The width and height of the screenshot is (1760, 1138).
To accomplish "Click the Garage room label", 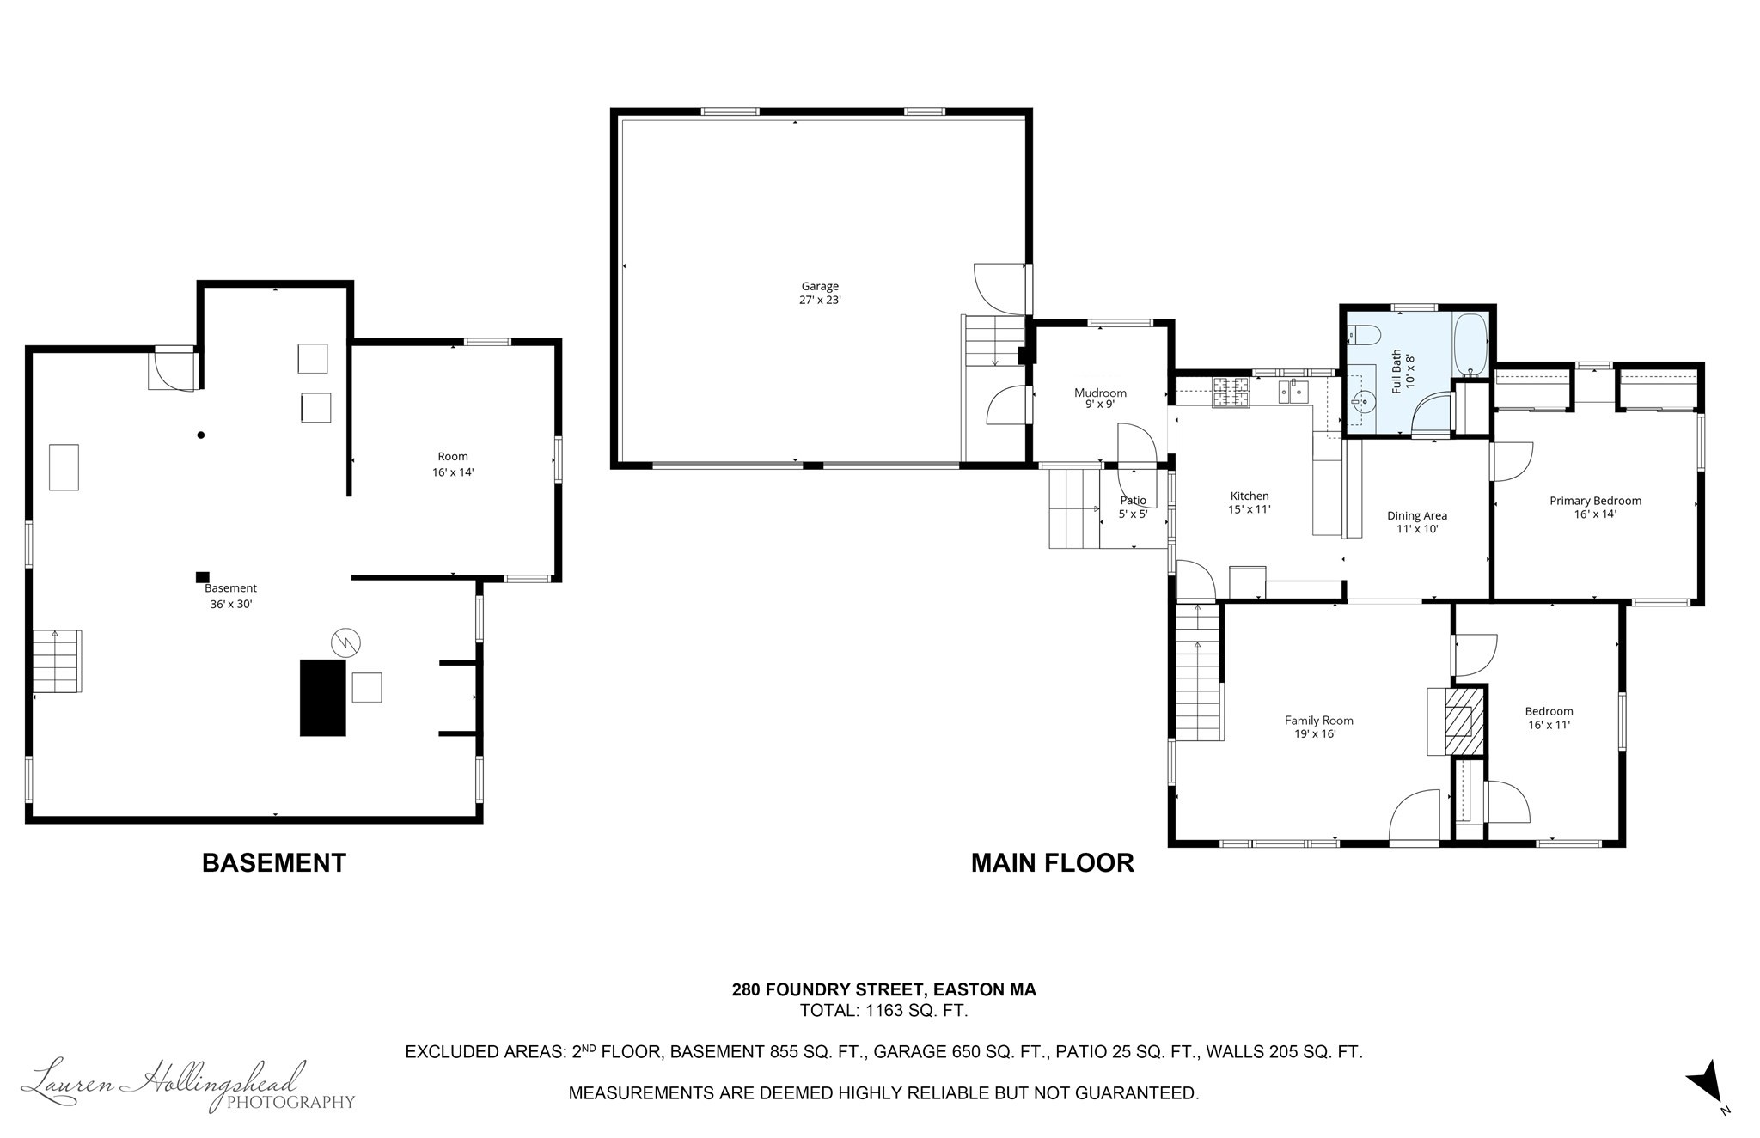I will [x=820, y=293].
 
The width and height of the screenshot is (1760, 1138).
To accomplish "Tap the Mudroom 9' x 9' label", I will [x=1100, y=399].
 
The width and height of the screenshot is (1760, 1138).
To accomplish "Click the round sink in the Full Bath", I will [x=1364, y=399].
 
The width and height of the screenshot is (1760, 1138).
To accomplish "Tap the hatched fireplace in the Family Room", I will [x=1464, y=718].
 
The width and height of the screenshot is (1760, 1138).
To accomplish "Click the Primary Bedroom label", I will [x=1595, y=507].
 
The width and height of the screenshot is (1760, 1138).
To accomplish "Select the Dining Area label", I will [x=1416, y=522].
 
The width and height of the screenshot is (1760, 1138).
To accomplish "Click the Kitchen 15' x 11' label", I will [x=1249, y=502].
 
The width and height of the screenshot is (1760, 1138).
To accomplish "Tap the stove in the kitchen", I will [x=1230, y=393].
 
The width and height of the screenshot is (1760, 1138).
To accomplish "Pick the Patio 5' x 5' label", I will [x=1133, y=507].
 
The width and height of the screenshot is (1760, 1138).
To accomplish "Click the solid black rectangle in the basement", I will [x=322, y=697].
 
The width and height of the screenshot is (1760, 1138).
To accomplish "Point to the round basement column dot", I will [x=201, y=435].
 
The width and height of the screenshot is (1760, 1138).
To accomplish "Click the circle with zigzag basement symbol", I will [x=345, y=642].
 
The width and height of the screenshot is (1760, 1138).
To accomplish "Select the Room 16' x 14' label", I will [x=453, y=464].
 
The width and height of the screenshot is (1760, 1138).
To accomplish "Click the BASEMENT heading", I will [x=273, y=862].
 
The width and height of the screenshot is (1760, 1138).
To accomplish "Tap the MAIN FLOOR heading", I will [x=1052, y=862].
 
